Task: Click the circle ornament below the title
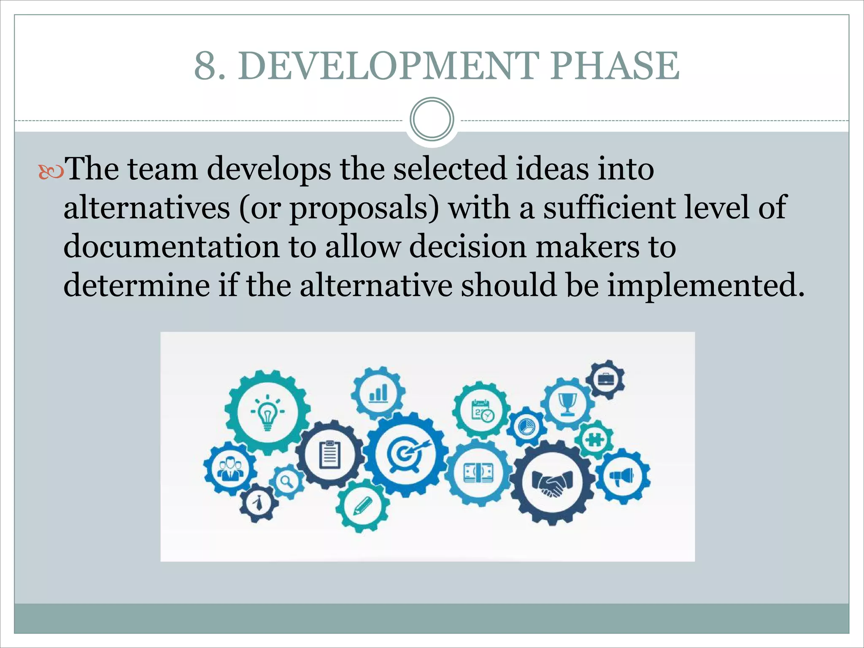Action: (432, 119)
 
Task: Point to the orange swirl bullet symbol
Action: (51, 172)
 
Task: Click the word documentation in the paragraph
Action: (171, 246)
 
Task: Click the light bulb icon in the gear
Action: (267, 413)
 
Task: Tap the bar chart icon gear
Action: (378, 393)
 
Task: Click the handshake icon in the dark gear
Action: (552, 483)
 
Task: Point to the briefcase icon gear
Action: (606, 380)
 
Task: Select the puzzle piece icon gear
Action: (595, 440)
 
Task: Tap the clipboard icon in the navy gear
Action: (330, 454)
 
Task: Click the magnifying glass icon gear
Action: (288, 481)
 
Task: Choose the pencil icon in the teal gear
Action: (362, 505)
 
